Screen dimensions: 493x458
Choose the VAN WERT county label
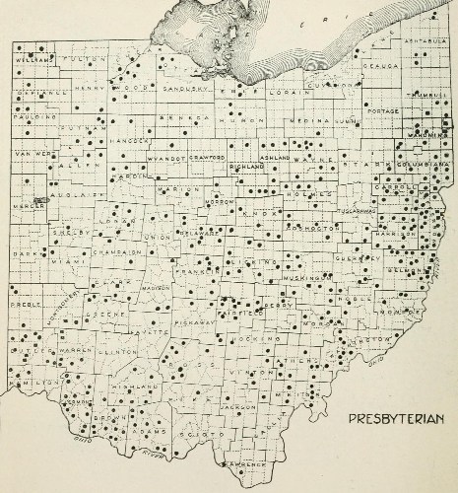coord(30,154)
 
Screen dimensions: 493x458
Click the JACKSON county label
coord(232,406)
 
